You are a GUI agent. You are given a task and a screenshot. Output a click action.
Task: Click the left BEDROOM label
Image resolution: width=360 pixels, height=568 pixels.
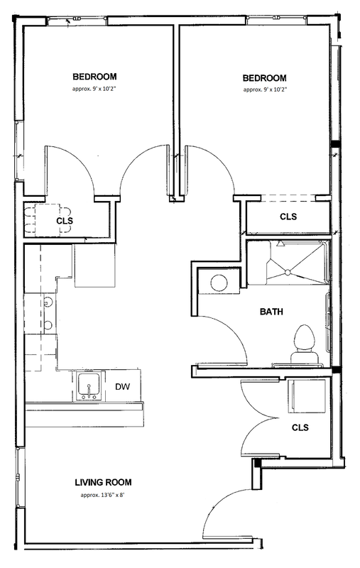(94, 77)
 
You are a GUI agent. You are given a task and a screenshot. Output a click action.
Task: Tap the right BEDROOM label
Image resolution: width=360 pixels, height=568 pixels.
(264, 78)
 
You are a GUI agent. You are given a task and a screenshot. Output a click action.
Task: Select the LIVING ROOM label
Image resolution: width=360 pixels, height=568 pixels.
(103, 482)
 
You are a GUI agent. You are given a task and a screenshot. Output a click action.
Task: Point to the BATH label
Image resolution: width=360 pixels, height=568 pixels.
(272, 312)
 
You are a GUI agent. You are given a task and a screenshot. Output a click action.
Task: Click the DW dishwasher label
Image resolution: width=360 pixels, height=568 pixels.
(122, 387)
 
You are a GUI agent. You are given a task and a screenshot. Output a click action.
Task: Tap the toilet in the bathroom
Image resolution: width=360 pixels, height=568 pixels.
(305, 344)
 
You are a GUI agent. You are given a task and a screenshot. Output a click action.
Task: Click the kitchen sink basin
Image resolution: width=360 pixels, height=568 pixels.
(89, 384)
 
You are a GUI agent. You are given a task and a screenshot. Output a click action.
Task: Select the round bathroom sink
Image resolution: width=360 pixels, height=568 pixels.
(219, 283)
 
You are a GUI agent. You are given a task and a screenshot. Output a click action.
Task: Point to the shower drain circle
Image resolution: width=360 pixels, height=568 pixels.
(287, 272)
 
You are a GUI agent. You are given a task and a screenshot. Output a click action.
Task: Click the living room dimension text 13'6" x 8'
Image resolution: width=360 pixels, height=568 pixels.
(102, 495)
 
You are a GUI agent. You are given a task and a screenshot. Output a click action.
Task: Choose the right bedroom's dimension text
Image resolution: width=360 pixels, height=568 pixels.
(265, 89)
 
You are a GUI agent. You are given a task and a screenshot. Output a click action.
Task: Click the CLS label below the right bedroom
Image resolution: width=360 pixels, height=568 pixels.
(288, 217)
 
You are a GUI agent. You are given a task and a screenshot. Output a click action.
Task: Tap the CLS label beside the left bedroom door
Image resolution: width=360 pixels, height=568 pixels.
(65, 221)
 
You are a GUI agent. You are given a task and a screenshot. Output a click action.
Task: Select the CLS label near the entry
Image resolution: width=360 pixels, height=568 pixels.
(300, 427)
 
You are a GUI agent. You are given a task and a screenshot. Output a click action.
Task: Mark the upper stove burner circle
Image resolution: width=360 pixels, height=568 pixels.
(48, 302)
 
